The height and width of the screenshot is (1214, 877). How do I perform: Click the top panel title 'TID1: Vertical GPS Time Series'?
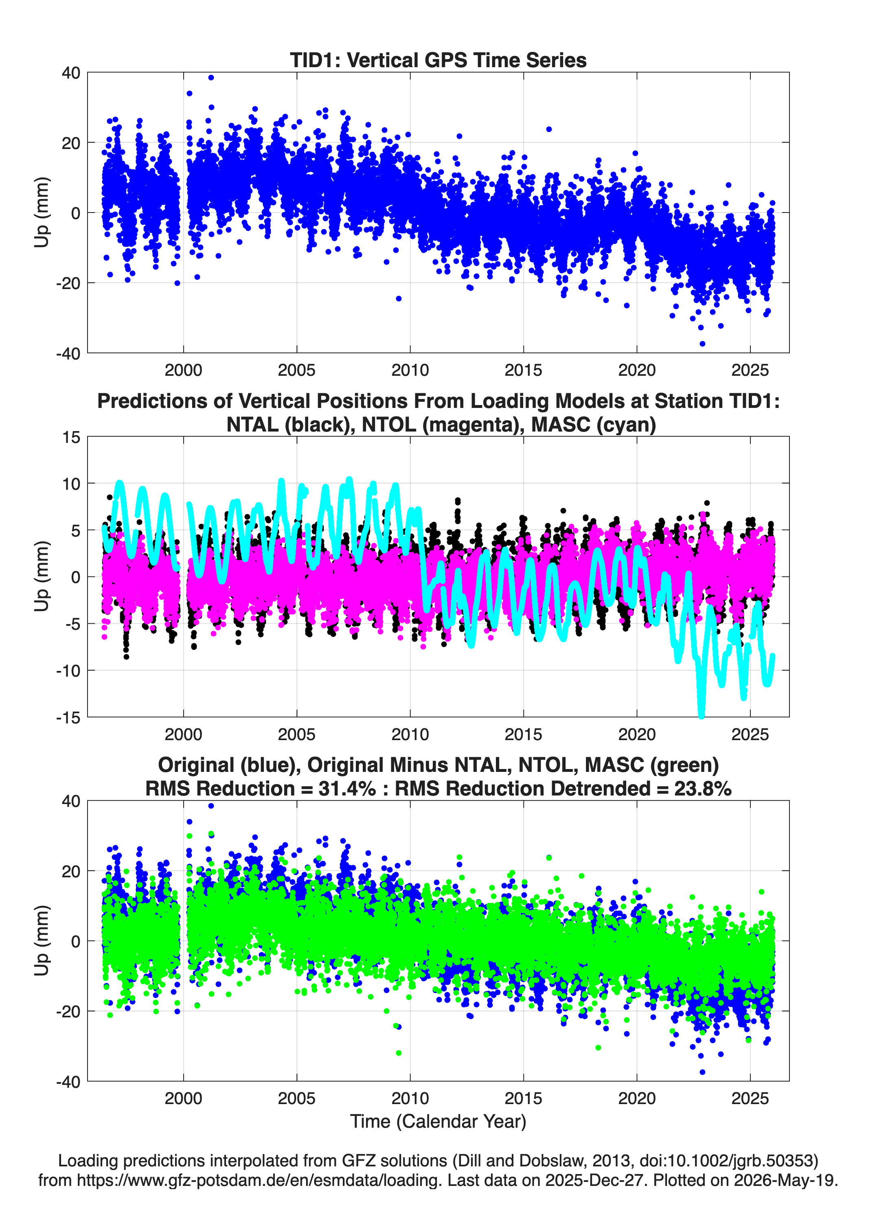(438, 60)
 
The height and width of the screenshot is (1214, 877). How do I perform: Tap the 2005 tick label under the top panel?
(297, 370)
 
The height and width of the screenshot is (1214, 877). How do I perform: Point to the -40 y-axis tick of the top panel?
(68, 353)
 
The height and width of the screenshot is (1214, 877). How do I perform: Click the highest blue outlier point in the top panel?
(211, 78)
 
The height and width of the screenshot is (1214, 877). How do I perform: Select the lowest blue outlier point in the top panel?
(702, 344)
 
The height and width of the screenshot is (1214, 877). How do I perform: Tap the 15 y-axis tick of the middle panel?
(71, 437)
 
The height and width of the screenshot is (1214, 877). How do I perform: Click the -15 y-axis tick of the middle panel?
(68, 717)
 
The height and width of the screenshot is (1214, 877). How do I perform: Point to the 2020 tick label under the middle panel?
(637, 734)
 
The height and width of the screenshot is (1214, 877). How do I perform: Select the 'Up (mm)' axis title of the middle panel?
(42, 576)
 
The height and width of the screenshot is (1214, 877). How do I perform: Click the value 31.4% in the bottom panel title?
(347, 789)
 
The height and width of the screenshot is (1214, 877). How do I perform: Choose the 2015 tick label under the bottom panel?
(523, 1098)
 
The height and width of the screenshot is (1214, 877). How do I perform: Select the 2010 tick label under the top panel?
(410, 370)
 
